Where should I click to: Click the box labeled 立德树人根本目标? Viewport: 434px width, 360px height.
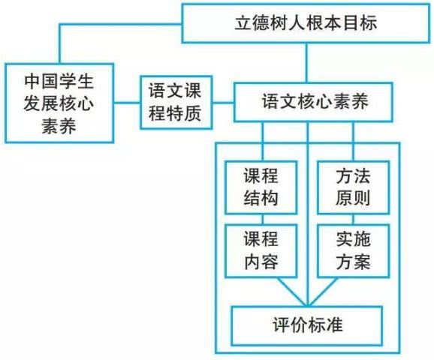[x=306, y=23]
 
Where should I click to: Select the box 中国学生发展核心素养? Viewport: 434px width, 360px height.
[x=59, y=103]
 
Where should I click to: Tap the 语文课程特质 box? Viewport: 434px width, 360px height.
[x=176, y=102]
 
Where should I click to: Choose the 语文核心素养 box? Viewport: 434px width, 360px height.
[x=313, y=102]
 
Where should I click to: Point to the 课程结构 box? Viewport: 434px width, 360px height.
[x=261, y=187]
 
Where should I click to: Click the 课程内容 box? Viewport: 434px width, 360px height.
[x=261, y=250]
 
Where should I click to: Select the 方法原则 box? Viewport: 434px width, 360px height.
[x=354, y=187]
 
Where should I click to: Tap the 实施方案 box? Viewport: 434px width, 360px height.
[x=354, y=250]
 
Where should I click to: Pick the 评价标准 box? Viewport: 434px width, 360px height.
[x=307, y=325]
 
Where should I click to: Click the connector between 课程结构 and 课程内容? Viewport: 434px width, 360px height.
[x=263, y=219]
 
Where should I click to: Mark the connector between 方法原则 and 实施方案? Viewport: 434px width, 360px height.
[x=354, y=219]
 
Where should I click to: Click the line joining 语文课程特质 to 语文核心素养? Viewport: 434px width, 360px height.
[x=223, y=103]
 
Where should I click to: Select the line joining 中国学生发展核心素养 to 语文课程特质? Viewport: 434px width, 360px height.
[x=127, y=103]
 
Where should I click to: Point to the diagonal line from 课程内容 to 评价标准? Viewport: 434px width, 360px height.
[x=292, y=292]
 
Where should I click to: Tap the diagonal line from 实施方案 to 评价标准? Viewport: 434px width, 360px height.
[x=322, y=292]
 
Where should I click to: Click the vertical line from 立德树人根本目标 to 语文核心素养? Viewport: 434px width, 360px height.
[x=306, y=63]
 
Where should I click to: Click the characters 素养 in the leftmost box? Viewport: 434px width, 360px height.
[x=59, y=126]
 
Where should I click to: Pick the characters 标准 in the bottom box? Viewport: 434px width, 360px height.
[x=326, y=325]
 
